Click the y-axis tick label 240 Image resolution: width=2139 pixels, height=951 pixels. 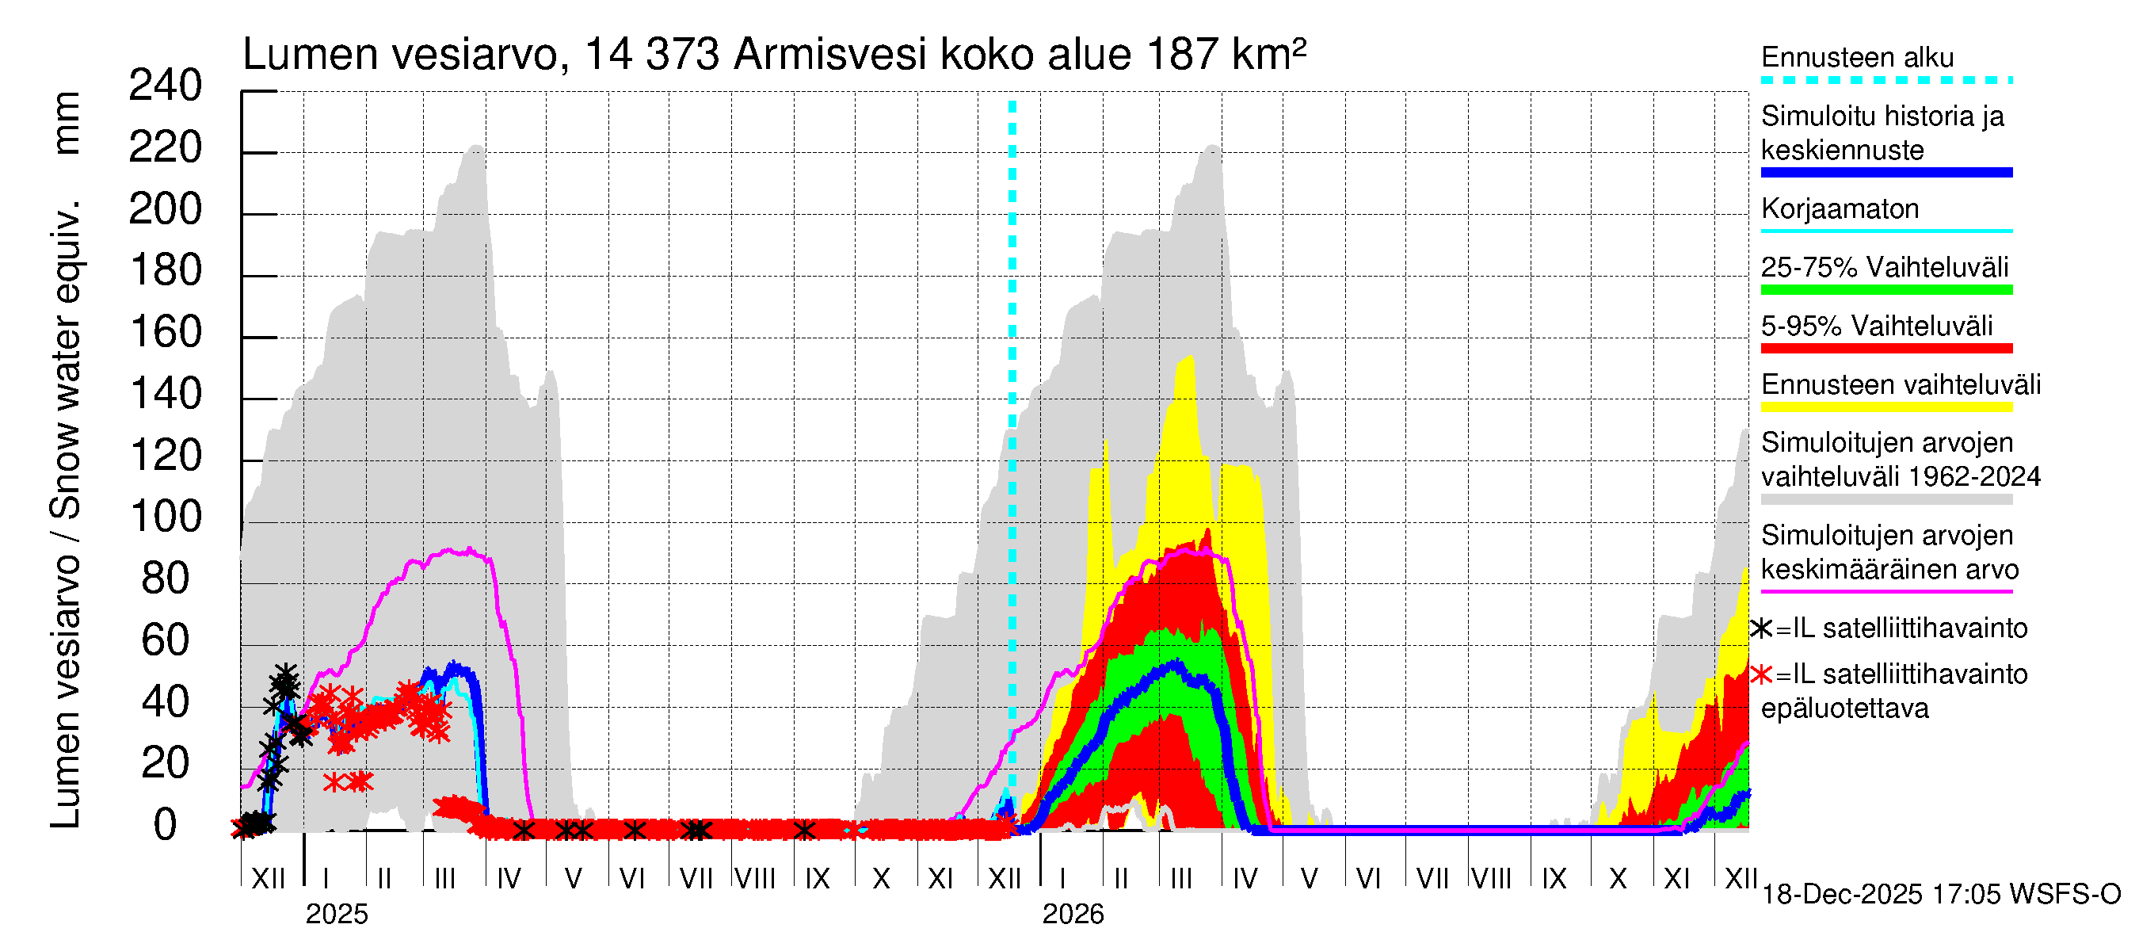pyautogui.click(x=166, y=86)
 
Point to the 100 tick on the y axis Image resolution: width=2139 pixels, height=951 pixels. pyautogui.click(x=166, y=518)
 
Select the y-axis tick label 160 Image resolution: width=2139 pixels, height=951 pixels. pyautogui.click(x=166, y=333)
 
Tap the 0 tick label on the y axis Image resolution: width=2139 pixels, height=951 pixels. pyautogui.click(x=166, y=826)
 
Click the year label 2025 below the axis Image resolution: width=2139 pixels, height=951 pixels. pyautogui.click(x=336, y=915)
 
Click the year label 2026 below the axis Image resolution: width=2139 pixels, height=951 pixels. pyautogui.click(x=1073, y=915)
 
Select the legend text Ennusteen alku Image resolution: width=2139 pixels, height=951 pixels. pyautogui.click(x=1858, y=57)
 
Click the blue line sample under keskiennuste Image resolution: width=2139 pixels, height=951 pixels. pyautogui.click(x=1885, y=173)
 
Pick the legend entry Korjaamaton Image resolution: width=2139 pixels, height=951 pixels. pyautogui.click(x=1840, y=208)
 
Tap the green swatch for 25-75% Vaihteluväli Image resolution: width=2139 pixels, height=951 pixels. pyautogui.click(x=1885, y=290)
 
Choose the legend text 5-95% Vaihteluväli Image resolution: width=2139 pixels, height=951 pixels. pyautogui.click(x=1877, y=326)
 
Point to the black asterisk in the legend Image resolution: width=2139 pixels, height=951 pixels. pyautogui.click(x=1761, y=628)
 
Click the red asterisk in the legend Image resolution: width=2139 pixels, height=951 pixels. pyautogui.click(x=1761, y=674)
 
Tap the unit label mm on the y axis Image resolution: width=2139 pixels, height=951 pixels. pyautogui.click(x=66, y=123)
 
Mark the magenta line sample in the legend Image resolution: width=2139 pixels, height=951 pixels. pyautogui.click(x=1885, y=592)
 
